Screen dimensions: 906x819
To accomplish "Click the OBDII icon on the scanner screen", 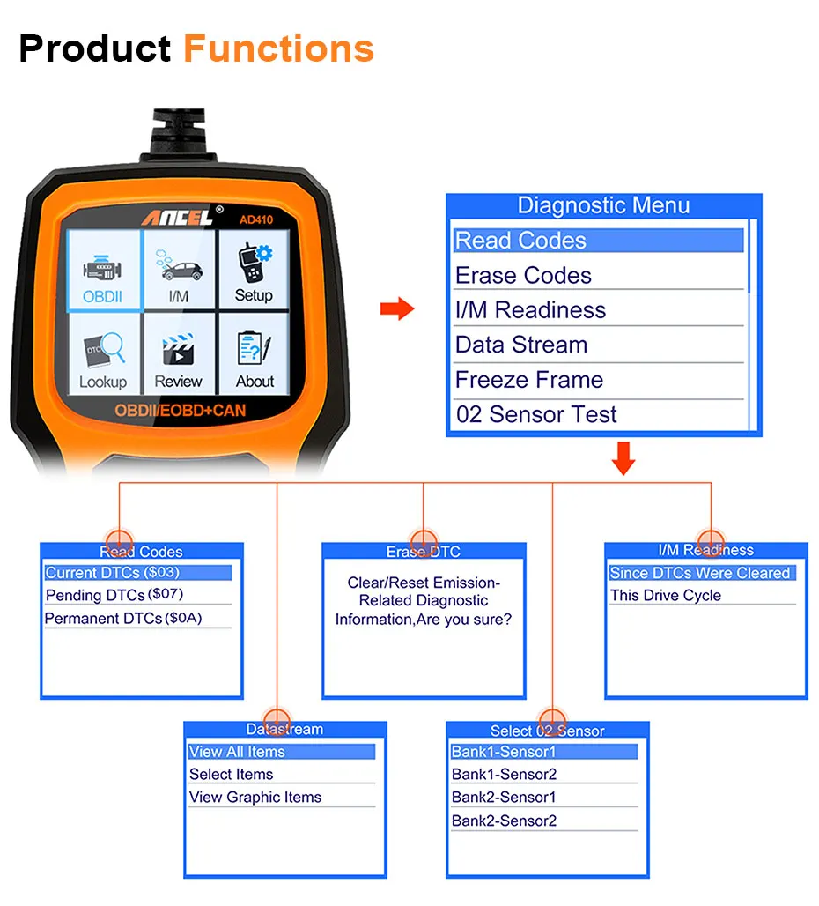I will [103, 270].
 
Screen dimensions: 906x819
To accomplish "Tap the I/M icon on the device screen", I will [178, 270].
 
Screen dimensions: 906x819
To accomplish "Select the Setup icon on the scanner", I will [254, 270].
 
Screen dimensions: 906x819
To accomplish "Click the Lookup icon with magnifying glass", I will [103, 357].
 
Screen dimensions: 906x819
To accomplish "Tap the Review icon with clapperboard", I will [178, 357].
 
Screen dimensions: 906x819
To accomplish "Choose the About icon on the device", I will [255, 357].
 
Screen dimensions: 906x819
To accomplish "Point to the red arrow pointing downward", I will [623, 459].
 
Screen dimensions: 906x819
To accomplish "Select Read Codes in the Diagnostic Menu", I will [599, 241].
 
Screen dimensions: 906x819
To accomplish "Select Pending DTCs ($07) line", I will [114, 595].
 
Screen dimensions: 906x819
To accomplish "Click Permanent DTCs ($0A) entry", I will [123, 618].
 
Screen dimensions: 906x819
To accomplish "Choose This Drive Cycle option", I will [666, 596].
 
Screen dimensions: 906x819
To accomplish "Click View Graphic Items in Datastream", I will [255, 797].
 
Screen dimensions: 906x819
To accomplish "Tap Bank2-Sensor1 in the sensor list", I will [504, 797].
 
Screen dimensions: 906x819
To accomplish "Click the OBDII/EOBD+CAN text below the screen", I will [180, 411].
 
